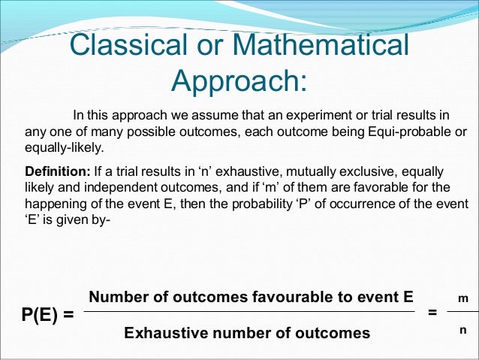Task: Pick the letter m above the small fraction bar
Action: point(463,299)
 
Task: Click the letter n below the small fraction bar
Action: point(463,330)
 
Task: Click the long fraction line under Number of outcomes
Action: point(248,313)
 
